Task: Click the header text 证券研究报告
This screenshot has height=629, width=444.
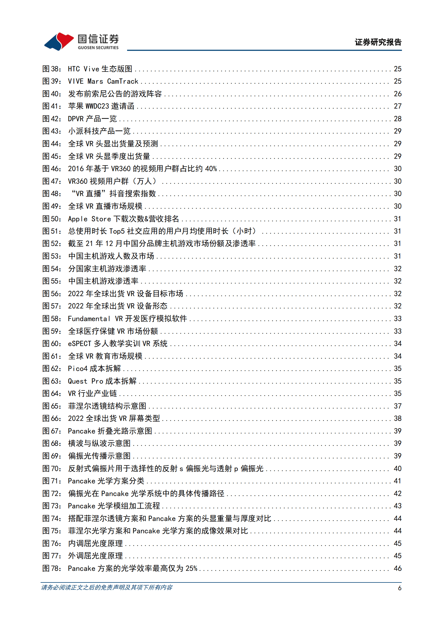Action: coord(378,42)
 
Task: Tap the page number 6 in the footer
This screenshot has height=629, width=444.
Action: coord(399,588)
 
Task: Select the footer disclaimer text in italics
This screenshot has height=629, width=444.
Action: coord(107,588)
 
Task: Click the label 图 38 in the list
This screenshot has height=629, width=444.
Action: coord(52,69)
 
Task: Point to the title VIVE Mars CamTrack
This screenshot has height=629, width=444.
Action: coord(103,81)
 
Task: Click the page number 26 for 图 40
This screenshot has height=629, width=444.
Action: coord(398,94)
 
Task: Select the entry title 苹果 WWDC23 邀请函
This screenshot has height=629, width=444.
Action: coord(101,106)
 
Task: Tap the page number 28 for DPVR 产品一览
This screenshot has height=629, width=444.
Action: coord(398,119)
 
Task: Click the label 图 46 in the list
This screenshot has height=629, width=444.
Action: coord(52,169)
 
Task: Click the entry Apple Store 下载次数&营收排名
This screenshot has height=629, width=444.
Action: coord(123,219)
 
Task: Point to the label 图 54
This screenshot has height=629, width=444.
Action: coord(52,269)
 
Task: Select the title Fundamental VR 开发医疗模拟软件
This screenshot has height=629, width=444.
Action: coord(127,319)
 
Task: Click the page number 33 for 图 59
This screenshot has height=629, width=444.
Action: coord(398,331)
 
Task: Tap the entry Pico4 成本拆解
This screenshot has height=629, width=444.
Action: coord(94,369)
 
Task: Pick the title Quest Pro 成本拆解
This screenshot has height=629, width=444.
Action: coord(102,381)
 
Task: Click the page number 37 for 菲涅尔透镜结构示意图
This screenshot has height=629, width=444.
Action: coord(398,406)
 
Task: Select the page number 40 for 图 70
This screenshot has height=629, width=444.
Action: coord(398,469)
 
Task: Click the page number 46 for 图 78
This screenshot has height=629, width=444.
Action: coord(398,568)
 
